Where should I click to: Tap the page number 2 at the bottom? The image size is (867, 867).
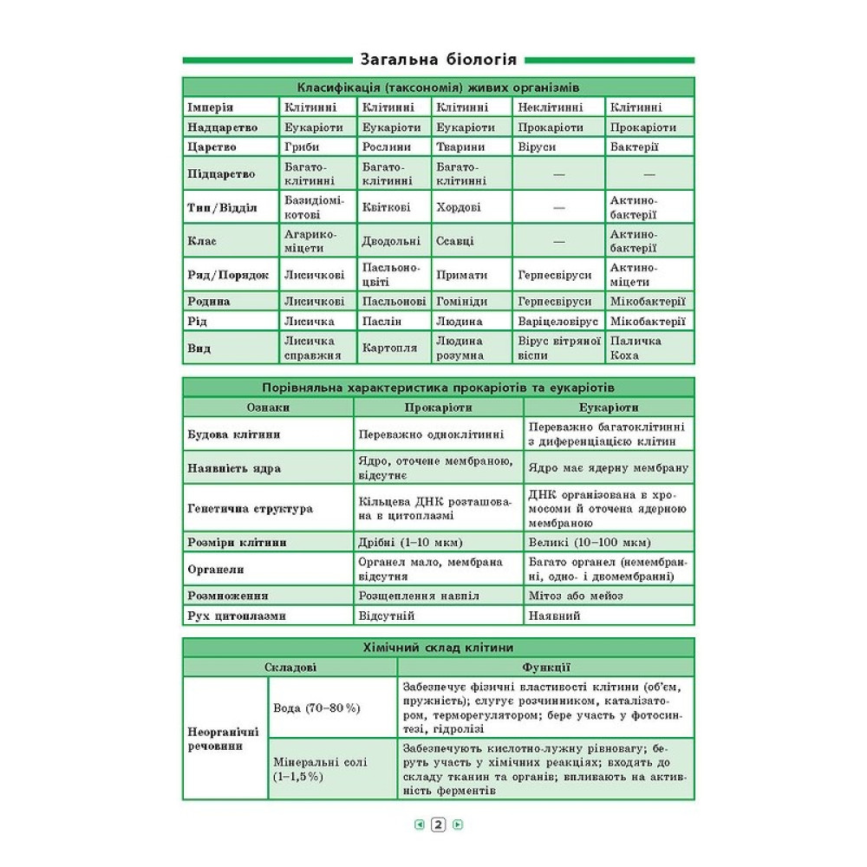pyautogui.click(x=438, y=825)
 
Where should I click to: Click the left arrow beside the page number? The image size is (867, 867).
pyautogui.click(x=420, y=825)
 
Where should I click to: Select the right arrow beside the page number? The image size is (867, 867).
pyautogui.click(x=458, y=825)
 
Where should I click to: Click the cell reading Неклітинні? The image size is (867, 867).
pyautogui.click(x=550, y=108)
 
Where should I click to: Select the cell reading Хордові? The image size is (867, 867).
pyautogui.click(x=459, y=208)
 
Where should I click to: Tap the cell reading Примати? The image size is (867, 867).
pyautogui.click(x=462, y=275)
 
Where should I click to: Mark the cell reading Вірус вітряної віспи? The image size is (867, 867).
pyautogui.click(x=559, y=348)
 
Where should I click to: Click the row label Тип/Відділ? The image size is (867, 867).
pyautogui.click(x=222, y=208)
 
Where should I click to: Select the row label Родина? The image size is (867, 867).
pyautogui.click(x=209, y=301)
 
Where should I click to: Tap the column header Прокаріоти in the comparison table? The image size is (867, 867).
pyautogui.click(x=438, y=407)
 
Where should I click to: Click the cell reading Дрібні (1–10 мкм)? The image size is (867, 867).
pyautogui.click(x=410, y=543)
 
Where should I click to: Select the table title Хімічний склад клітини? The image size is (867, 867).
pyautogui.click(x=438, y=647)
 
